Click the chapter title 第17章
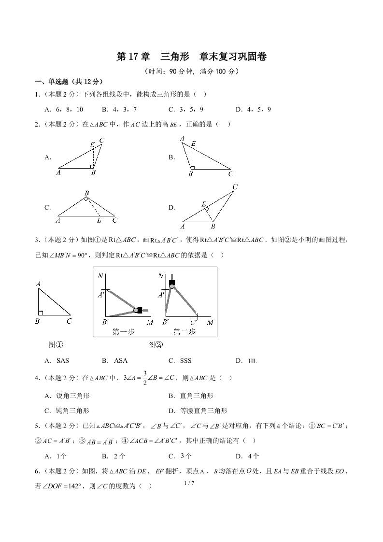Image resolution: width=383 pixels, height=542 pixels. tap(133, 57)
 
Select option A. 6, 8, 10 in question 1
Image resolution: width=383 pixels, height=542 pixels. tap(64, 109)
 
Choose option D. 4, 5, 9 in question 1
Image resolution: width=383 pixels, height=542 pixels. tap(253, 109)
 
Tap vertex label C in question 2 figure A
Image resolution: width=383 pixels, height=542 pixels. tap(101, 141)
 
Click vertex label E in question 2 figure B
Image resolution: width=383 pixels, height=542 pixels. tap(193, 143)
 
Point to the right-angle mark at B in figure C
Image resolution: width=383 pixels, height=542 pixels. tap(86, 198)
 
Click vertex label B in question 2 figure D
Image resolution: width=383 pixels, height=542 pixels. tap(213, 226)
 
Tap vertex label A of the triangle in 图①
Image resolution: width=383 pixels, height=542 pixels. tap(38, 284)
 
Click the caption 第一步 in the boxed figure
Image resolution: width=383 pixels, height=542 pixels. tap(123, 332)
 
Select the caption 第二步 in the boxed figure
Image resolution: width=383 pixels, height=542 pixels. tap(184, 332)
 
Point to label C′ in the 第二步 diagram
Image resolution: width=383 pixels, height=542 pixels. tap(194, 322)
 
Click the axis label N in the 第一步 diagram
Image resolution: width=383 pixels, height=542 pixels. tap(100, 276)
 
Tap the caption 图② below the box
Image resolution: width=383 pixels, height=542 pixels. tap(155, 344)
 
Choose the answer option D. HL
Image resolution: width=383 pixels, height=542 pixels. tap(246, 360)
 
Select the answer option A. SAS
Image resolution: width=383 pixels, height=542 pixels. tap(57, 360)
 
